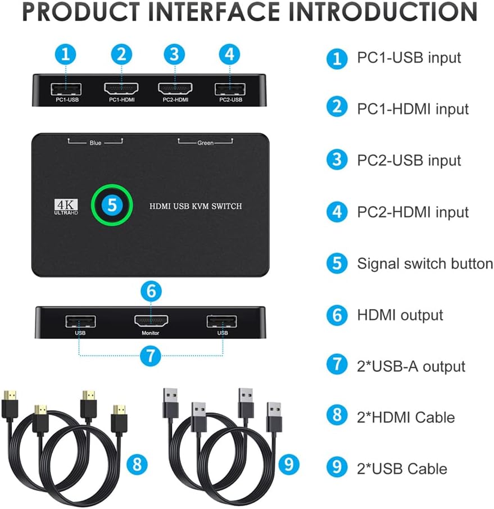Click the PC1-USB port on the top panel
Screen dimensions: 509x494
[66, 89]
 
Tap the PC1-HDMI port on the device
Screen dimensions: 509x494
[121, 89]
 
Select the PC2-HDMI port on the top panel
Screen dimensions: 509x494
[175, 89]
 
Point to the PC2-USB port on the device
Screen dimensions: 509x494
[229, 89]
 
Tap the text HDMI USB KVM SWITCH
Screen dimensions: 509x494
[196, 206]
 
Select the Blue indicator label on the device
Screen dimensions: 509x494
[95, 143]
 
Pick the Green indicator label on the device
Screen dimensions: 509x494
[205, 143]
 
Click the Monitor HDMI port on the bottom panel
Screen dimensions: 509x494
[151, 321]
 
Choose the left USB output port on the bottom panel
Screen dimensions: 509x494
[80, 321]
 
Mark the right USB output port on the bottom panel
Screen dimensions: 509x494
[221, 321]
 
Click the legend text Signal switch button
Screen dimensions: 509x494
[425, 263]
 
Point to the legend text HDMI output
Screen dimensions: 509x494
[400, 315]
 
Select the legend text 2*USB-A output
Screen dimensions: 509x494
[411, 366]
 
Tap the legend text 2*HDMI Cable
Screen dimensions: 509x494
[406, 417]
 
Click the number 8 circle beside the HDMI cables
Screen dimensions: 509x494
[137, 464]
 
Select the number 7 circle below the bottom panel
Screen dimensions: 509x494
[151, 356]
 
